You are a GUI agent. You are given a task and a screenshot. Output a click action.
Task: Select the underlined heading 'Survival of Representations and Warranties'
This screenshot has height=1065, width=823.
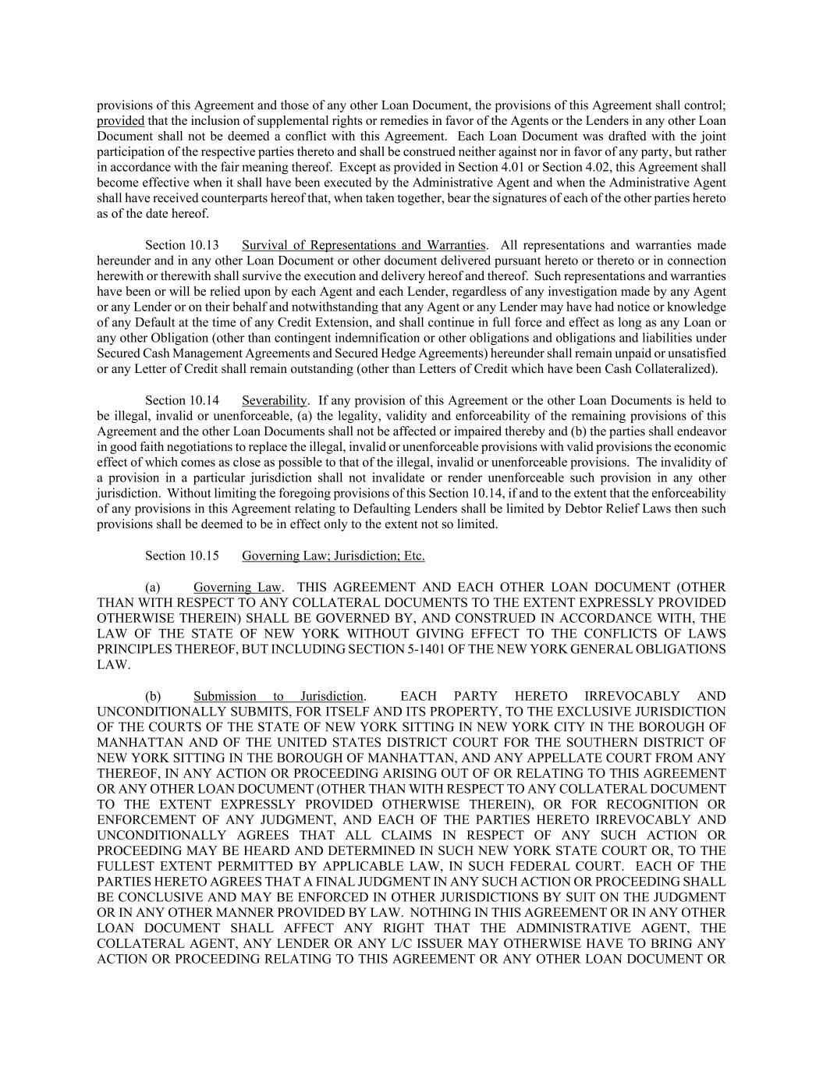[364, 245]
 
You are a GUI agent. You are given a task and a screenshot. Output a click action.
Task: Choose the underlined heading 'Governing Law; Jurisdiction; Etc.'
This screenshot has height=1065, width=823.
[333, 556]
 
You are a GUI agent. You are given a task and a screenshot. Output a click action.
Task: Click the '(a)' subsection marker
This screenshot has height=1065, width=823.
[153, 587]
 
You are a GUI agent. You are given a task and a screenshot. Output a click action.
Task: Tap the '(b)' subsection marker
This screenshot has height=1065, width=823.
[153, 696]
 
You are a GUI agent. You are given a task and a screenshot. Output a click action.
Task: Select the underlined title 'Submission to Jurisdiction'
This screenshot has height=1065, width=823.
[278, 696]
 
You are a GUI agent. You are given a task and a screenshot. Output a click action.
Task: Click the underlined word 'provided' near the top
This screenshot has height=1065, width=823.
[120, 121]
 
